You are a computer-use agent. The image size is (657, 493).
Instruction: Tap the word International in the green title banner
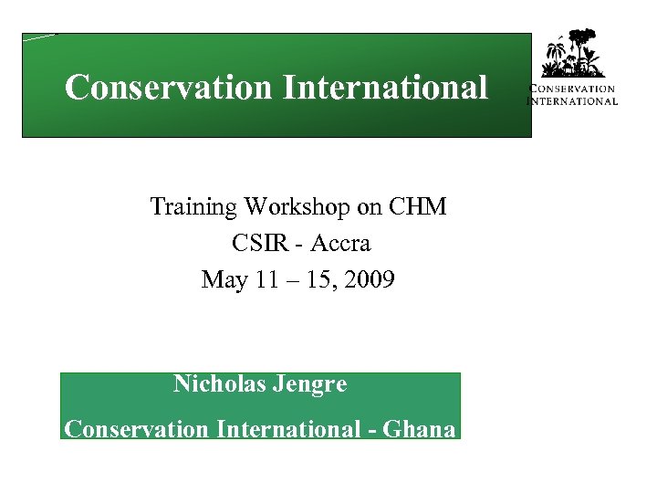point(385,88)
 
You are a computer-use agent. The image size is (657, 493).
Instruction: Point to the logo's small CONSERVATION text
point(573,89)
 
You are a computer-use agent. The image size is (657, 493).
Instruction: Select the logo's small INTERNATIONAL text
point(573,100)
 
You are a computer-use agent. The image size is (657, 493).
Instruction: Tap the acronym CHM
point(417,207)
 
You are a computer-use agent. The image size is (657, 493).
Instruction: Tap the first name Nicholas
point(219,384)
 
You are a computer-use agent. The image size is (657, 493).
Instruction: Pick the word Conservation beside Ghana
point(137,428)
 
